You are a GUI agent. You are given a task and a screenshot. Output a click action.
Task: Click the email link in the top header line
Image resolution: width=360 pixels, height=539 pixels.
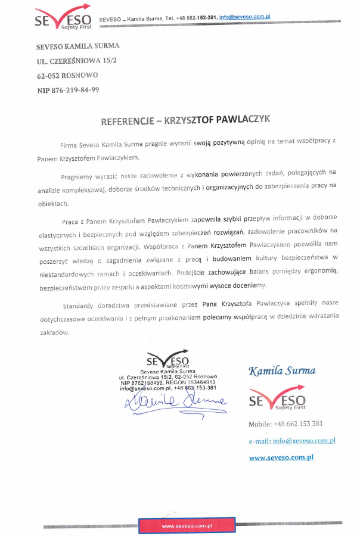tap(245, 18)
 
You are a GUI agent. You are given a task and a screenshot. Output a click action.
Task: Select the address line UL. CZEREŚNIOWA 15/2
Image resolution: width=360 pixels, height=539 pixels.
tap(72, 61)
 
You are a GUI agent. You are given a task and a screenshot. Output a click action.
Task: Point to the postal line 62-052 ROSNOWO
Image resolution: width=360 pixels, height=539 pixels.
tap(67, 76)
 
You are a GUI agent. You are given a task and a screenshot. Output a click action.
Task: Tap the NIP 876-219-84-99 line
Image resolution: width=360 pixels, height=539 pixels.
tap(68, 90)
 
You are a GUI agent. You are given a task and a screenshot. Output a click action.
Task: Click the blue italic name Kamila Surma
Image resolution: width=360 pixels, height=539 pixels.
tap(282, 371)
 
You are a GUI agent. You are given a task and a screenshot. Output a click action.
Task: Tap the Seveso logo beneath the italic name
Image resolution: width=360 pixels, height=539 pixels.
tap(277, 400)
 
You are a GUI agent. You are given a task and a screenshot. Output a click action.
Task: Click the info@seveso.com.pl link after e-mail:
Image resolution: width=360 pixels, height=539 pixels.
tap(304, 441)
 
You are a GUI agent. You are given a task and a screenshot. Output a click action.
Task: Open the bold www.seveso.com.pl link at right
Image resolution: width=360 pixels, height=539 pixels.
tap(281, 458)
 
